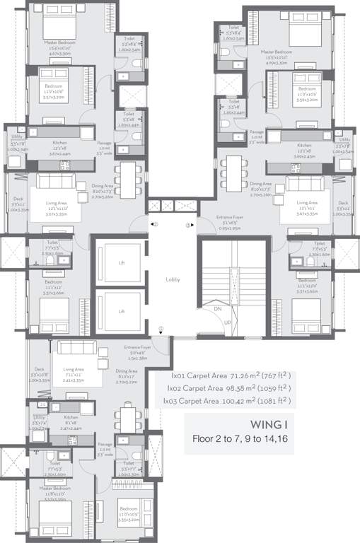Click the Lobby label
point(173,279)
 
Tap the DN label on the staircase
point(219,309)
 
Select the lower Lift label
point(122,311)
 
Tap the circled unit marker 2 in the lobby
point(189,225)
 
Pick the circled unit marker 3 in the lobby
point(161,328)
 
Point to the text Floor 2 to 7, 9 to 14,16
point(241,439)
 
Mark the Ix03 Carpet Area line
point(228,400)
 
